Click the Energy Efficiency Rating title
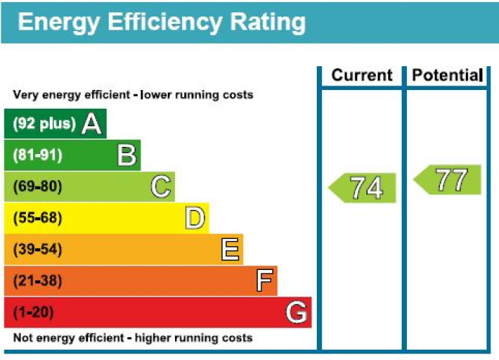[x=161, y=22]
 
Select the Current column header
[x=361, y=76]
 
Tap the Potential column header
[x=446, y=76]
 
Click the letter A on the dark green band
[x=91, y=124]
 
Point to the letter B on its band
[x=127, y=155]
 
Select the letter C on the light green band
[x=161, y=187]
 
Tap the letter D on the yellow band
[x=194, y=218]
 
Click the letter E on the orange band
[x=230, y=250]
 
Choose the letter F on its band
[x=264, y=281]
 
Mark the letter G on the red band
[x=297, y=312]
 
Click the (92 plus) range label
[x=44, y=124]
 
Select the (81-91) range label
[x=37, y=155]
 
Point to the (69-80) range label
[x=37, y=186]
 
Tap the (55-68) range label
[x=37, y=218]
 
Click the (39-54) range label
[x=37, y=250]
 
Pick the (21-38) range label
[x=37, y=281]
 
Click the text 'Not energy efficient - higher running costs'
[x=132, y=338]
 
